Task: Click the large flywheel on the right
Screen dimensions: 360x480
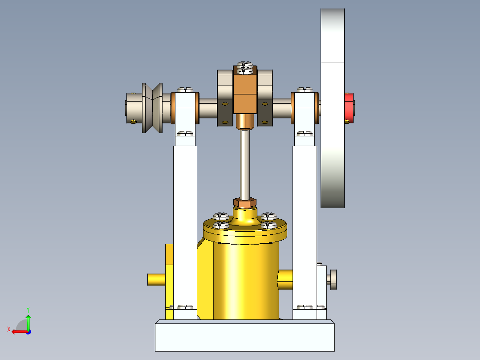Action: [333, 134]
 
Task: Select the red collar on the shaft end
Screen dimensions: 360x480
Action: [349, 108]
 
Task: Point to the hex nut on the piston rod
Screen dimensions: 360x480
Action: [244, 203]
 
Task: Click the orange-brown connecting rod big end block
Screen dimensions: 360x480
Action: [245, 94]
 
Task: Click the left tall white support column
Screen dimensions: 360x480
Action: [185, 223]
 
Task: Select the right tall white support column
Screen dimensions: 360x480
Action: [305, 223]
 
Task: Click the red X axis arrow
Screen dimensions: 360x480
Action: [17, 331]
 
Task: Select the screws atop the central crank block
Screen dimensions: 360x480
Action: [245, 67]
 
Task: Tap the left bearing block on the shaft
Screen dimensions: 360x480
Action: [185, 108]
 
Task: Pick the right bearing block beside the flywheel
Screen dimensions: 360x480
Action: [305, 108]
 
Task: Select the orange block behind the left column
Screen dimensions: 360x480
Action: [169, 254]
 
